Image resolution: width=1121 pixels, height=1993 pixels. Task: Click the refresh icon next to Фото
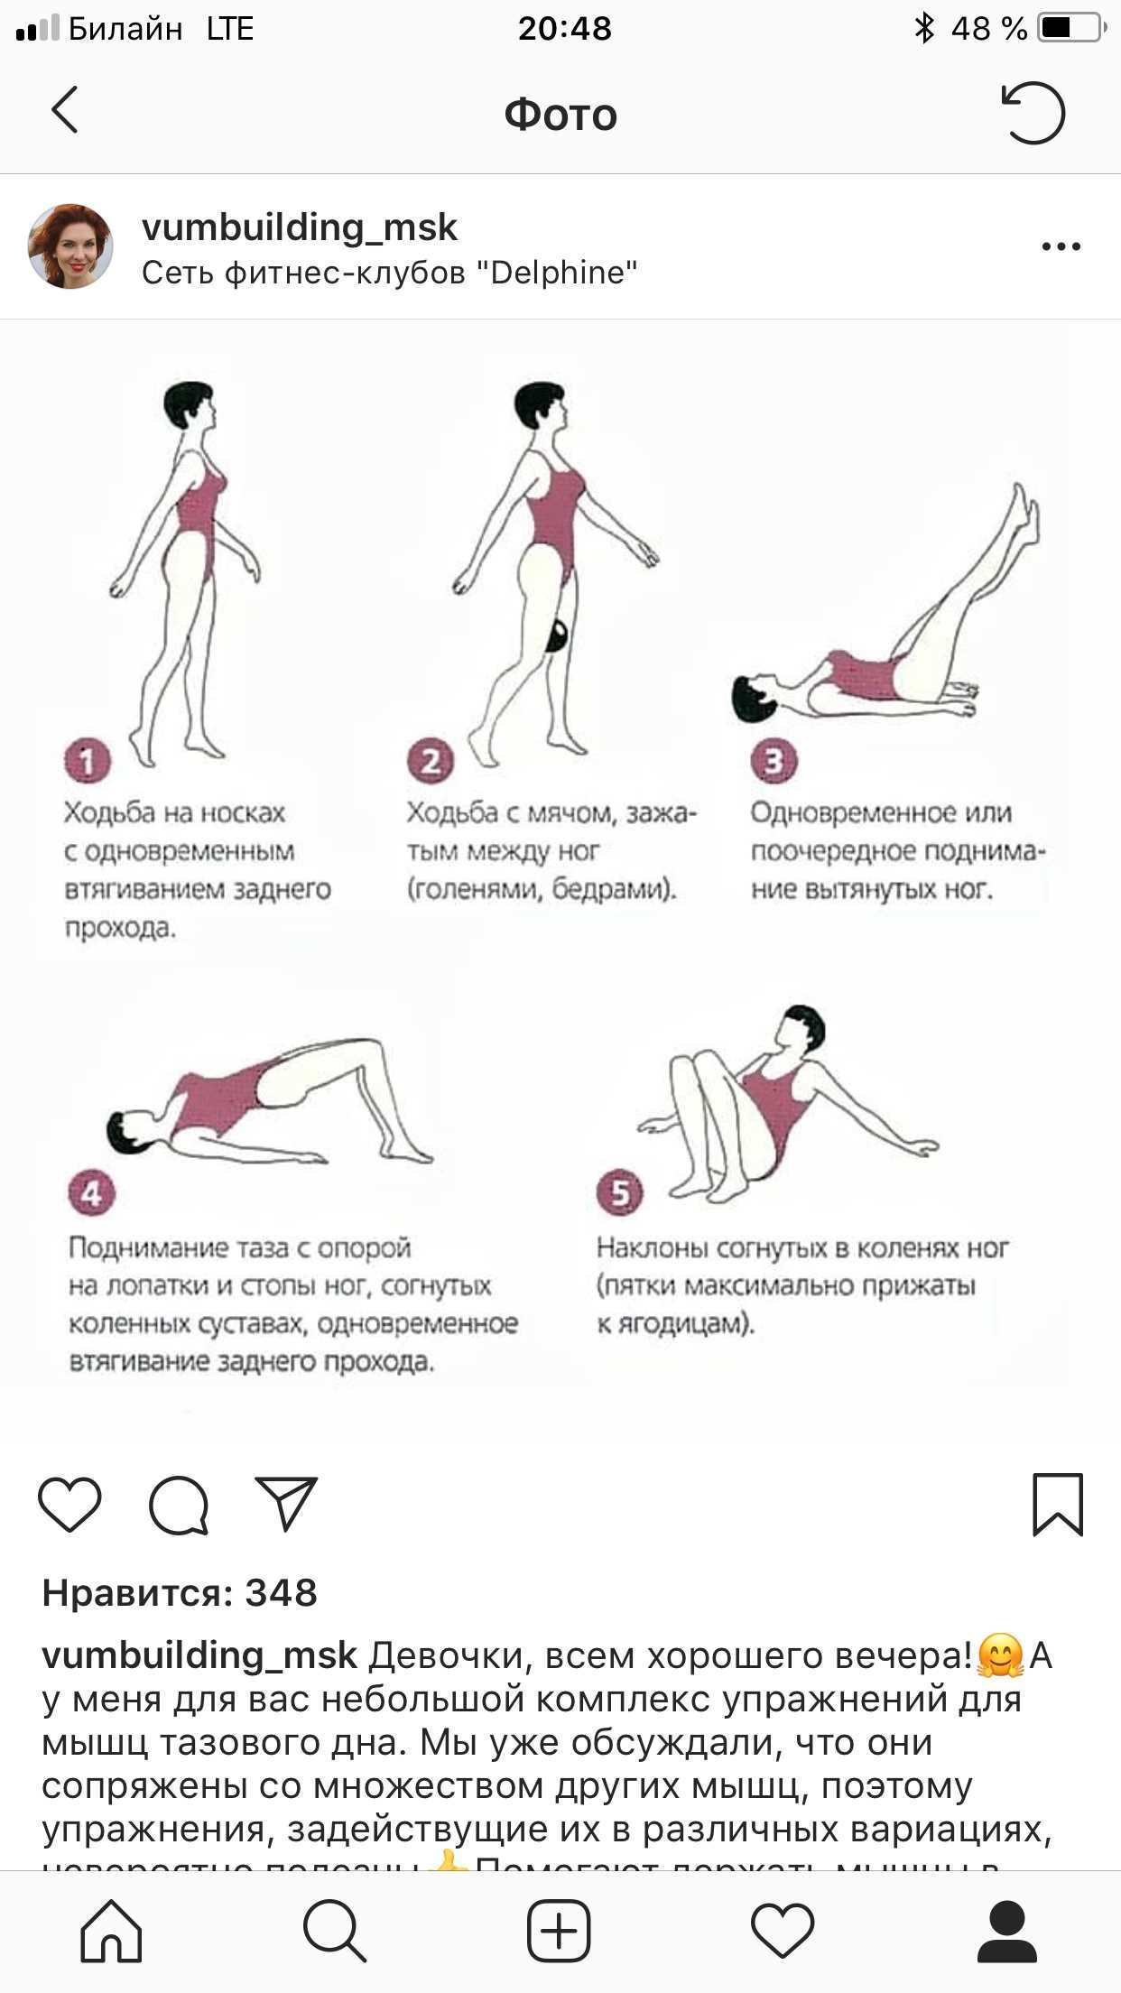pyautogui.click(x=1033, y=113)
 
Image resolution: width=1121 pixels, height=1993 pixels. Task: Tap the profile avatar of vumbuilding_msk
pyautogui.click(x=70, y=246)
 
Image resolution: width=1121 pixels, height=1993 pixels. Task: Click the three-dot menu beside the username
pyautogui.click(x=1061, y=246)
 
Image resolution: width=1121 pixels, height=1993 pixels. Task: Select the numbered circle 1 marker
pyautogui.click(x=87, y=761)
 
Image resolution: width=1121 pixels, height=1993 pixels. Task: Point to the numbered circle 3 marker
pyautogui.click(x=774, y=761)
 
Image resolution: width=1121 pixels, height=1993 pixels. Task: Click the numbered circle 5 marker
pyautogui.click(x=620, y=1192)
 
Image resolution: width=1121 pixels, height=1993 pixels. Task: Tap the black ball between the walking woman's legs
pyautogui.click(x=557, y=636)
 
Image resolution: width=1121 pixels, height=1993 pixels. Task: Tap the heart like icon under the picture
pyautogui.click(x=69, y=1504)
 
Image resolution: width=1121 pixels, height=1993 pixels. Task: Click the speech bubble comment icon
pyautogui.click(x=179, y=1505)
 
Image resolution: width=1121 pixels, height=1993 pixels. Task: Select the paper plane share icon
pyautogui.click(x=286, y=1503)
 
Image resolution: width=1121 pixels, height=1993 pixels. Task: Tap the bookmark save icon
pyautogui.click(x=1057, y=1504)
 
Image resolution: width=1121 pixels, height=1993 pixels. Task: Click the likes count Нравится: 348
pyautogui.click(x=180, y=1593)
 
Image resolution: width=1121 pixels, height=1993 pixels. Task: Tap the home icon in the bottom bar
pyautogui.click(x=112, y=1931)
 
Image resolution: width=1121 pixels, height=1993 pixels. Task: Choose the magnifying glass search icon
pyautogui.click(x=335, y=1931)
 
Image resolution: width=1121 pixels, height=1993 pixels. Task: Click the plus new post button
pyautogui.click(x=559, y=1931)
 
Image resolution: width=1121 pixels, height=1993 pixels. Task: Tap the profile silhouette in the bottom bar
pyautogui.click(x=1006, y=1931)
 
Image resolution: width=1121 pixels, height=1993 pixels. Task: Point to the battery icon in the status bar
pyautogui.click(x=1071, y=28)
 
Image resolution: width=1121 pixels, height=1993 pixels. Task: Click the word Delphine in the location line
pyautogui.click(x=560, y=273)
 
